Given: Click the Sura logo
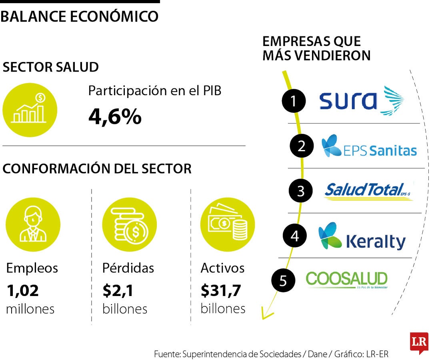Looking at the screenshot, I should [x=361, y=100].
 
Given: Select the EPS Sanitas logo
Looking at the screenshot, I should [x=369, y=146].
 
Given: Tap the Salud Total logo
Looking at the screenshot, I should [x=368, y=191].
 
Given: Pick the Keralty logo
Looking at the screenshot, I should [x=362, y=237].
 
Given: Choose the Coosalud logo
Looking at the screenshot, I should [x=346, y=280].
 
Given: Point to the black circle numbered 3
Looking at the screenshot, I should [x=301, y=191].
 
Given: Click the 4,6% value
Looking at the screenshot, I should [x=115, y=117].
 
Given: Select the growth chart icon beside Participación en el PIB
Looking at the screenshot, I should [x=30, y=109].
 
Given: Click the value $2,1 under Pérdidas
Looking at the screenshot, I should [x=119, y=291].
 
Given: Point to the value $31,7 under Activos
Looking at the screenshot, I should [x=221, y=291].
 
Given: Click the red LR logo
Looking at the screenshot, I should [x=419, y=342].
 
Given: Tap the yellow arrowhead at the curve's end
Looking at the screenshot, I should [x=265, y=314].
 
